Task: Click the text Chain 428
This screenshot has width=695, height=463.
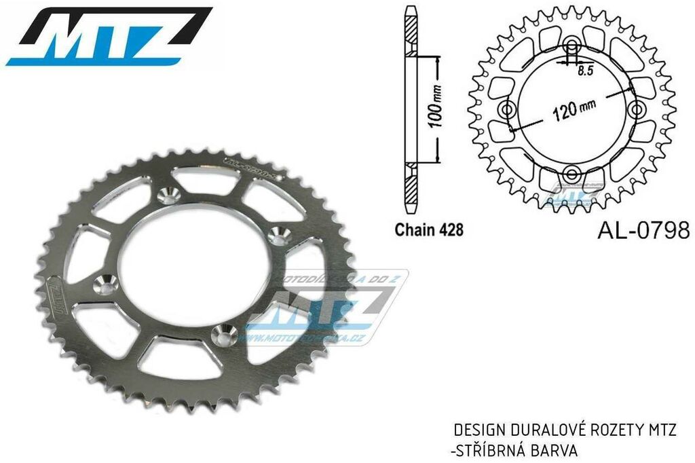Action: point(429,230)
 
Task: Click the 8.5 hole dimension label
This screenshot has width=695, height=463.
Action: point(584,69)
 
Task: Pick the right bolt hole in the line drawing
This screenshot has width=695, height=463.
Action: point(637,109)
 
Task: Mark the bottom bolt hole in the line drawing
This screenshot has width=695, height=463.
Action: point(571,174)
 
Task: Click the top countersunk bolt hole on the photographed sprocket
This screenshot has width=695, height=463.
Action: point(166,196)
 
